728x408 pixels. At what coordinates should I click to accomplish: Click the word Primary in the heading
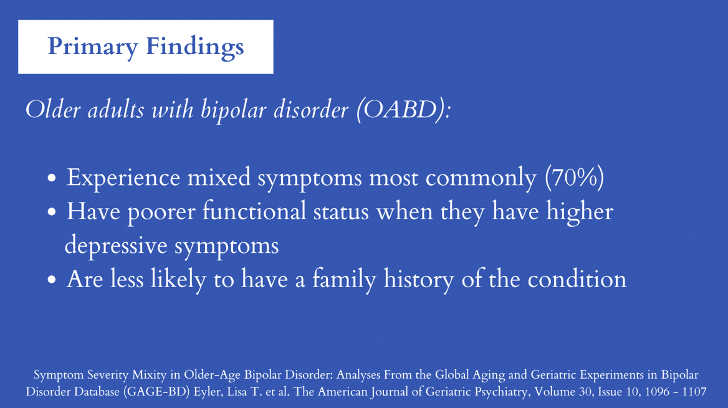93,47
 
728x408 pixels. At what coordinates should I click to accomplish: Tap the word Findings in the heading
195,47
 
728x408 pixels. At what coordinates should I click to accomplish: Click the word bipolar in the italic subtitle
234,111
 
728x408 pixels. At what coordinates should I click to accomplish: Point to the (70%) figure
575,178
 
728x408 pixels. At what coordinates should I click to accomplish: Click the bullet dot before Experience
52,178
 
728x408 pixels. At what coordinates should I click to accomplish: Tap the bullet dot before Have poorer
52,212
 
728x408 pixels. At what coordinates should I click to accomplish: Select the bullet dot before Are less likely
52,280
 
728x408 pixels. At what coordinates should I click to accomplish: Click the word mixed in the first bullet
219,178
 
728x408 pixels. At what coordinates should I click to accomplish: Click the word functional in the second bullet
254,212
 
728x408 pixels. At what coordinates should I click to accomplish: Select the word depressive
115,245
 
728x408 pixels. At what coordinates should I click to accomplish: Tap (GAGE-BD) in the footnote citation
156,392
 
